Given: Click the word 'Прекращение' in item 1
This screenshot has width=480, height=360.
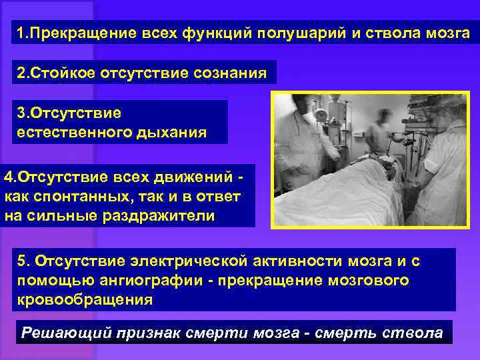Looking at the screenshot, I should click(75, 33).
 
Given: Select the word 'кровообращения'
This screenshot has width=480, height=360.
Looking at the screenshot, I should click(85, 299).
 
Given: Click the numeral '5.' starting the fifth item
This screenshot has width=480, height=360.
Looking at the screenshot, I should click(25, 261).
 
